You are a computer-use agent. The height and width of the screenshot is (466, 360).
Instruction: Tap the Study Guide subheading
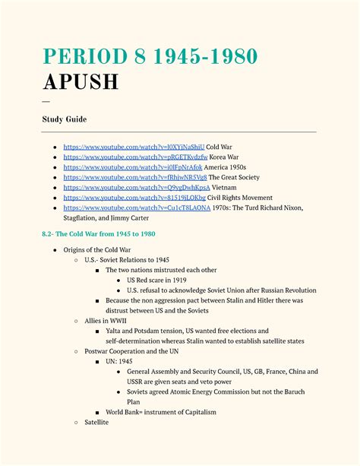[65, 119]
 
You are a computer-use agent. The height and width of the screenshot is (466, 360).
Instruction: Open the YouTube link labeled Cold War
[134, 146]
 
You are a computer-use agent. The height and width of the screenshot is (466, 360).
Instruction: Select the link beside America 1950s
[133, 166]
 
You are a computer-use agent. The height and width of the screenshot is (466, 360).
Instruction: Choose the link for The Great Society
[135, 177]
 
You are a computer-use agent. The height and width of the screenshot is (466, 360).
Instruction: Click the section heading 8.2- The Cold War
[99, 234]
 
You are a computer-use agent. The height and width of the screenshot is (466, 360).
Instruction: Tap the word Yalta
[115, 331]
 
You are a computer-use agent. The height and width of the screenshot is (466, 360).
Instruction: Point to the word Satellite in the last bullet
[96, 422]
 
